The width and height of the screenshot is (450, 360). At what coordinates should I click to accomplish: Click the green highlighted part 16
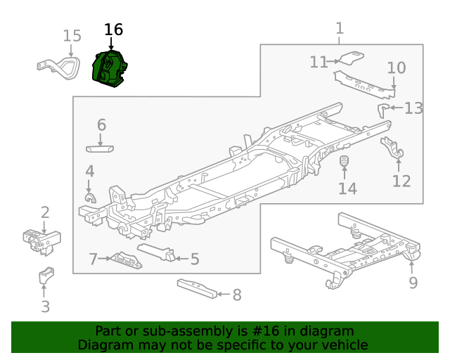tap(109, 68)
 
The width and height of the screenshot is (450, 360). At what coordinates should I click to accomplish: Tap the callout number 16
tap(113, 30)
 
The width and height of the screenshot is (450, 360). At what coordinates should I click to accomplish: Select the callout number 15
tap(72, 36)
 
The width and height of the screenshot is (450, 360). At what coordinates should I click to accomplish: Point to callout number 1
tap(340, 28)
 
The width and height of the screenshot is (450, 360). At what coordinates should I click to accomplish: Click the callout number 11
tap(319, 63)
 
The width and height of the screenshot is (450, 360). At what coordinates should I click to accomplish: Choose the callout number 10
tap(397, 67)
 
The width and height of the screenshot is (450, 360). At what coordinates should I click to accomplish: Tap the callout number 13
tap(413, 108)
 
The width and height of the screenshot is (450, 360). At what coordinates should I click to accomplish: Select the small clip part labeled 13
tap(384, 109)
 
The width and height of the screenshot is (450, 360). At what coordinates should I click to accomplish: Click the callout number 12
tap(401, 181)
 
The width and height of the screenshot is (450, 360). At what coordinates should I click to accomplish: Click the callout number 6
tap(101, 125)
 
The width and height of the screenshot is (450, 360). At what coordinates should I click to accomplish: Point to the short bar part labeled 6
tap(101, 148)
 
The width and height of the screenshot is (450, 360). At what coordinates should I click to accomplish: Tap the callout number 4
tap(89, 171)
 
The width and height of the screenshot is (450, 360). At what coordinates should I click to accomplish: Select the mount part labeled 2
tap(41, 240)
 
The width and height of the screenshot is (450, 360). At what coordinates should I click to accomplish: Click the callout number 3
tap(46, 307)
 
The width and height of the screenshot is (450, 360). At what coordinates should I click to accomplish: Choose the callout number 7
tap(93, 259)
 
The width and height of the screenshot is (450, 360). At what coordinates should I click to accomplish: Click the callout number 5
tap(195, 259)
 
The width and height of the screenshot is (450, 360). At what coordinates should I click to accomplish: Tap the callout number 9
tap(413, 283)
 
